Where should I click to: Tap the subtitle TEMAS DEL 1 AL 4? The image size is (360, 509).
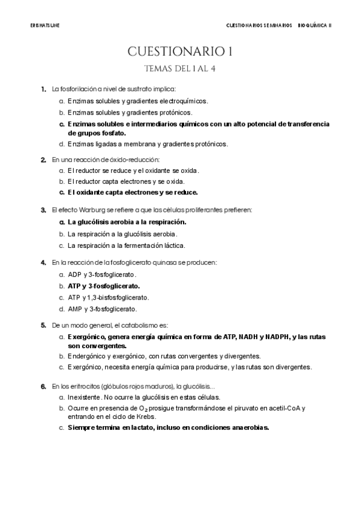click(180, 68)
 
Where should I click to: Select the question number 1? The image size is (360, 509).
click(44, 89)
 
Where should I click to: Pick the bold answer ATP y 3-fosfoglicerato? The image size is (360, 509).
click(103, 286)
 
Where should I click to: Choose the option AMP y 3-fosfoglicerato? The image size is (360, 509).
click(102, 309)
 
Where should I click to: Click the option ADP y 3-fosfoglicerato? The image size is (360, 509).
click(102, 274)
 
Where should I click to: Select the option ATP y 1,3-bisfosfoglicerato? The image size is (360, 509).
click(108, 297)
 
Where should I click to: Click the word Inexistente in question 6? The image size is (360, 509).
click(84, 397)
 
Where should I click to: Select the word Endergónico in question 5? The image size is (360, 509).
click(86, 355)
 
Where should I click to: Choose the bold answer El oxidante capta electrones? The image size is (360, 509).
click(133, 193)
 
